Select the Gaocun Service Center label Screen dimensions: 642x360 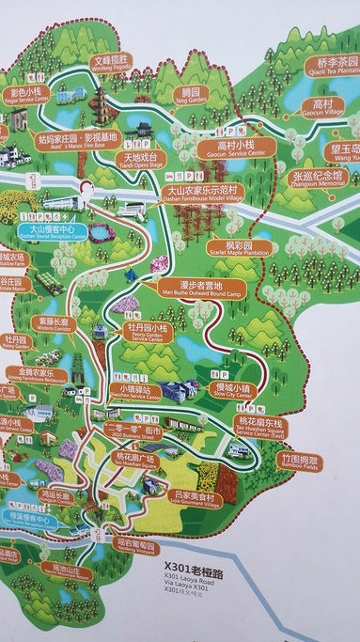(237, 149)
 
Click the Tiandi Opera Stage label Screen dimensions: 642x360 (142, 161)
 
